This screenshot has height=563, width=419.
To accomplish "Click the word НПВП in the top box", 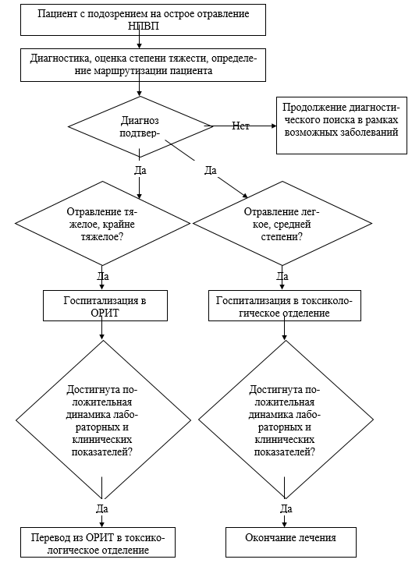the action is [x=143, y=27].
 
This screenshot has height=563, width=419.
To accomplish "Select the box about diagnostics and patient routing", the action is [x=143, y=65].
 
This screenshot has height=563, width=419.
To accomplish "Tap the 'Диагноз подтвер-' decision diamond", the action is [x=140, y=127].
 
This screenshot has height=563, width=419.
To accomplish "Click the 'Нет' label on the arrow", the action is [x=240, y=126].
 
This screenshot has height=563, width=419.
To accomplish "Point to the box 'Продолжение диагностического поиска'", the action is [x=342, y=126].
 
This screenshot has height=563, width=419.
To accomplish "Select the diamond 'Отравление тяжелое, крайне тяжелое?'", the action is [x=102, y=223].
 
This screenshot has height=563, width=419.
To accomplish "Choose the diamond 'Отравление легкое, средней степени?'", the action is [x=282, y=223].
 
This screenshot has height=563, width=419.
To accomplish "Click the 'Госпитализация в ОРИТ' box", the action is [x=105, y=306].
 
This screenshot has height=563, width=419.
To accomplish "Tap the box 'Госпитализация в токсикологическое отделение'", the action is [x=285, y=306].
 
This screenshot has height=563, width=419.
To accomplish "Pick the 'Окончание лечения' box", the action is [x=291, y=542].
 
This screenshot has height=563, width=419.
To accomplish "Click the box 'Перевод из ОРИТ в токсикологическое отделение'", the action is [x=98, y=542].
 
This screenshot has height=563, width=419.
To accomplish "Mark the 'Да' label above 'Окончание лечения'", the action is [x=286, y=508].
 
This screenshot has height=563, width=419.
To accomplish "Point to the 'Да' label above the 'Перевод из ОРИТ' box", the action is [x=102, y=508].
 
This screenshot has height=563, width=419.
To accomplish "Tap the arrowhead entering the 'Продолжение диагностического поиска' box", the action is [x=274, y=126].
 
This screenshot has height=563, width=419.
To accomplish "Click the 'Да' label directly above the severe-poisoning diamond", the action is [x=140, y=170].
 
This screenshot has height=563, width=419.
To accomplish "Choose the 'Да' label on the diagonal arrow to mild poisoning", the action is [x=211, y=170].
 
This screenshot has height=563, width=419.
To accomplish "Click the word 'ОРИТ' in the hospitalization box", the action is [x=105, y=313].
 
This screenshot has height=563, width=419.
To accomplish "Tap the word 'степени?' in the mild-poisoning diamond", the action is [x=282, y=237].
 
